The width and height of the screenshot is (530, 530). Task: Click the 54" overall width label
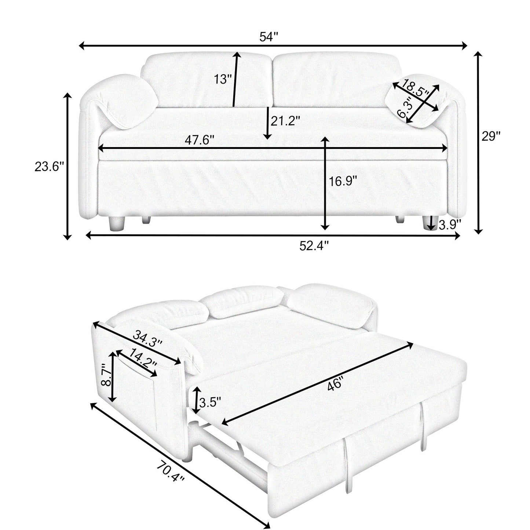(x=269, y=37)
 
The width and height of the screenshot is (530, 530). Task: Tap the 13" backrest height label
(x=223, y=79)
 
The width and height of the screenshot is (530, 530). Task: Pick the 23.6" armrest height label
(x=49, y=167)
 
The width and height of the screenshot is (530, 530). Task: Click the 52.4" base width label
(x=314, y=245)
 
